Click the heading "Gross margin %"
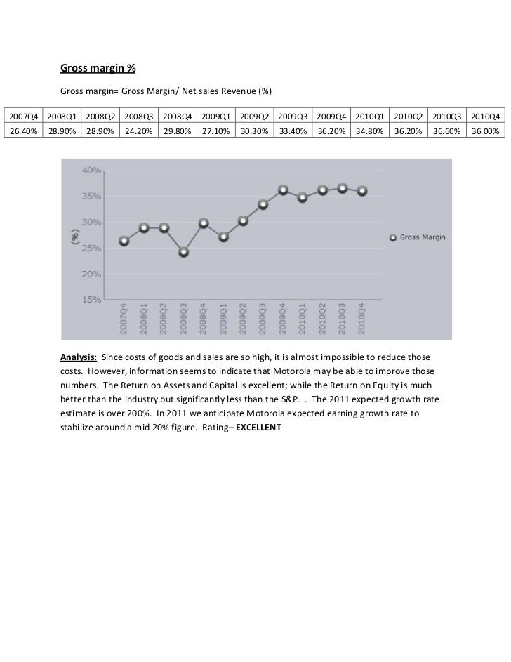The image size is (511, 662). (x=98, y=69)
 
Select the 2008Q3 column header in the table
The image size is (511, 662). (x=138, y=115)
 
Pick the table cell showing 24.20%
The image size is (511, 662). (x=138, y=131)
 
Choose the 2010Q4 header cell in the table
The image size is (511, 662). (x=485, y=115)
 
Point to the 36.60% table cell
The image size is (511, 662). (x=446, y=131)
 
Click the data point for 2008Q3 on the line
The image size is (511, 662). (x=184, y=252)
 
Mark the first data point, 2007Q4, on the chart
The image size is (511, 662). (x=124, y=241)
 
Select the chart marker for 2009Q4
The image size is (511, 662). (x=283, y=190)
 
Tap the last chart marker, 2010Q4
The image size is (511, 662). (x=362, y=191)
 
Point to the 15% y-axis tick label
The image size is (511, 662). (x=92, y=300)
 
